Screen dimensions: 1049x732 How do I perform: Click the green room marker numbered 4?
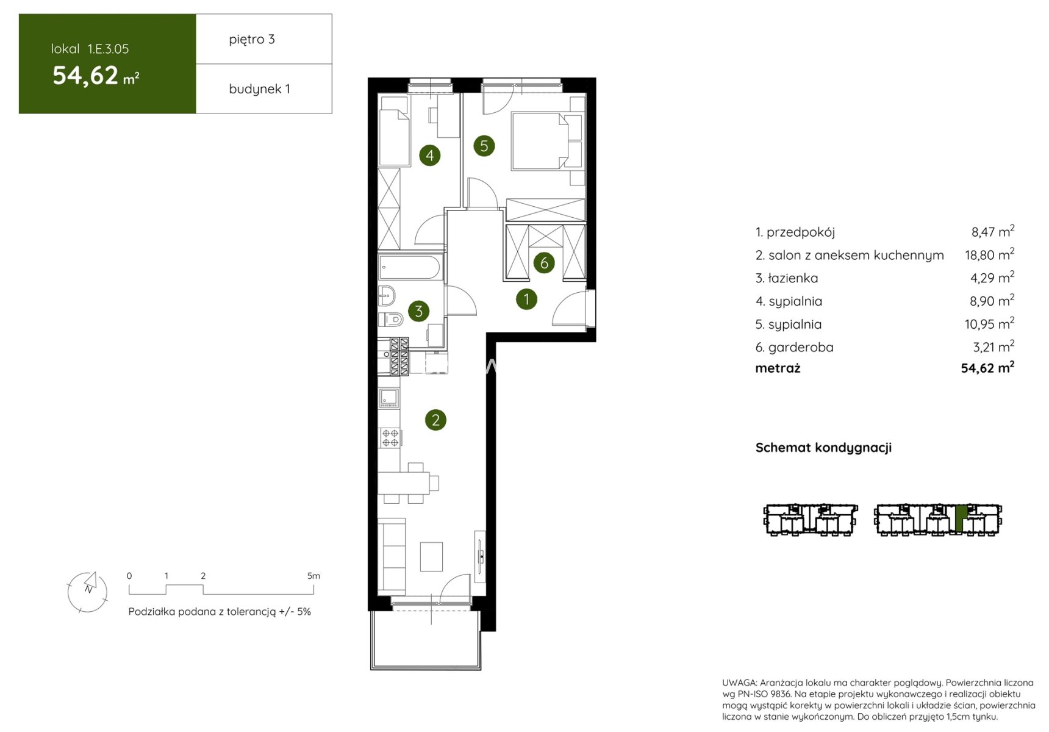pos(430,156)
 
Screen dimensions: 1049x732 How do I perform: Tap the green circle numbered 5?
pos(484,146)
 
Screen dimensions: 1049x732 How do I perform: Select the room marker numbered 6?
pos(544,263)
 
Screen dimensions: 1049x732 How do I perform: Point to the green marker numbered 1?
pos(526,299)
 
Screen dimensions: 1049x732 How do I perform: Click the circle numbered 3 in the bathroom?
pos(418,311)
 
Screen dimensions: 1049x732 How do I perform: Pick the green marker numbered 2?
pos(435,420)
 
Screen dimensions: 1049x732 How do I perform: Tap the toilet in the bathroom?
pos(391,319)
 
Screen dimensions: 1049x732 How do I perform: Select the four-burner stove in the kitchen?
pos(390,438)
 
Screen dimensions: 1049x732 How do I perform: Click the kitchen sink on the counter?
pos(389,398)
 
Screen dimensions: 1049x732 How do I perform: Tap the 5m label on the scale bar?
pos(313,576)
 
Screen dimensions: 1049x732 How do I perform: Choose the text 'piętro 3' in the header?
pos(252,40)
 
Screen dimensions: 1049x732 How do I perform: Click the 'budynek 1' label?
pos(259,89)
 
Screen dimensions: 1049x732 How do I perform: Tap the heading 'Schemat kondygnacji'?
pos(823,448)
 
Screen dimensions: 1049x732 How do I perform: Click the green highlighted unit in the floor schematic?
pos(961,518)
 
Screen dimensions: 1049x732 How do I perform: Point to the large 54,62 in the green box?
pos(85,76)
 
